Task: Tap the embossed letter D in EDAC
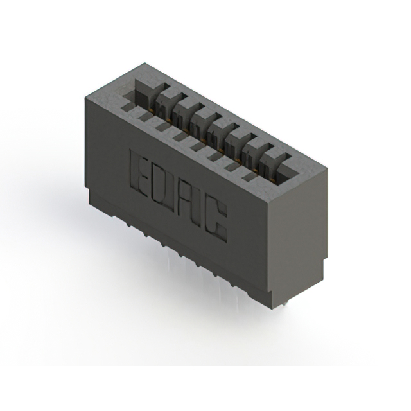pos(161,187)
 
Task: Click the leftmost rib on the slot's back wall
pos(166,96)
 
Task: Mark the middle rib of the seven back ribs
pos(222,123)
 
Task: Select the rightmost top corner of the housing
pos(327,168)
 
